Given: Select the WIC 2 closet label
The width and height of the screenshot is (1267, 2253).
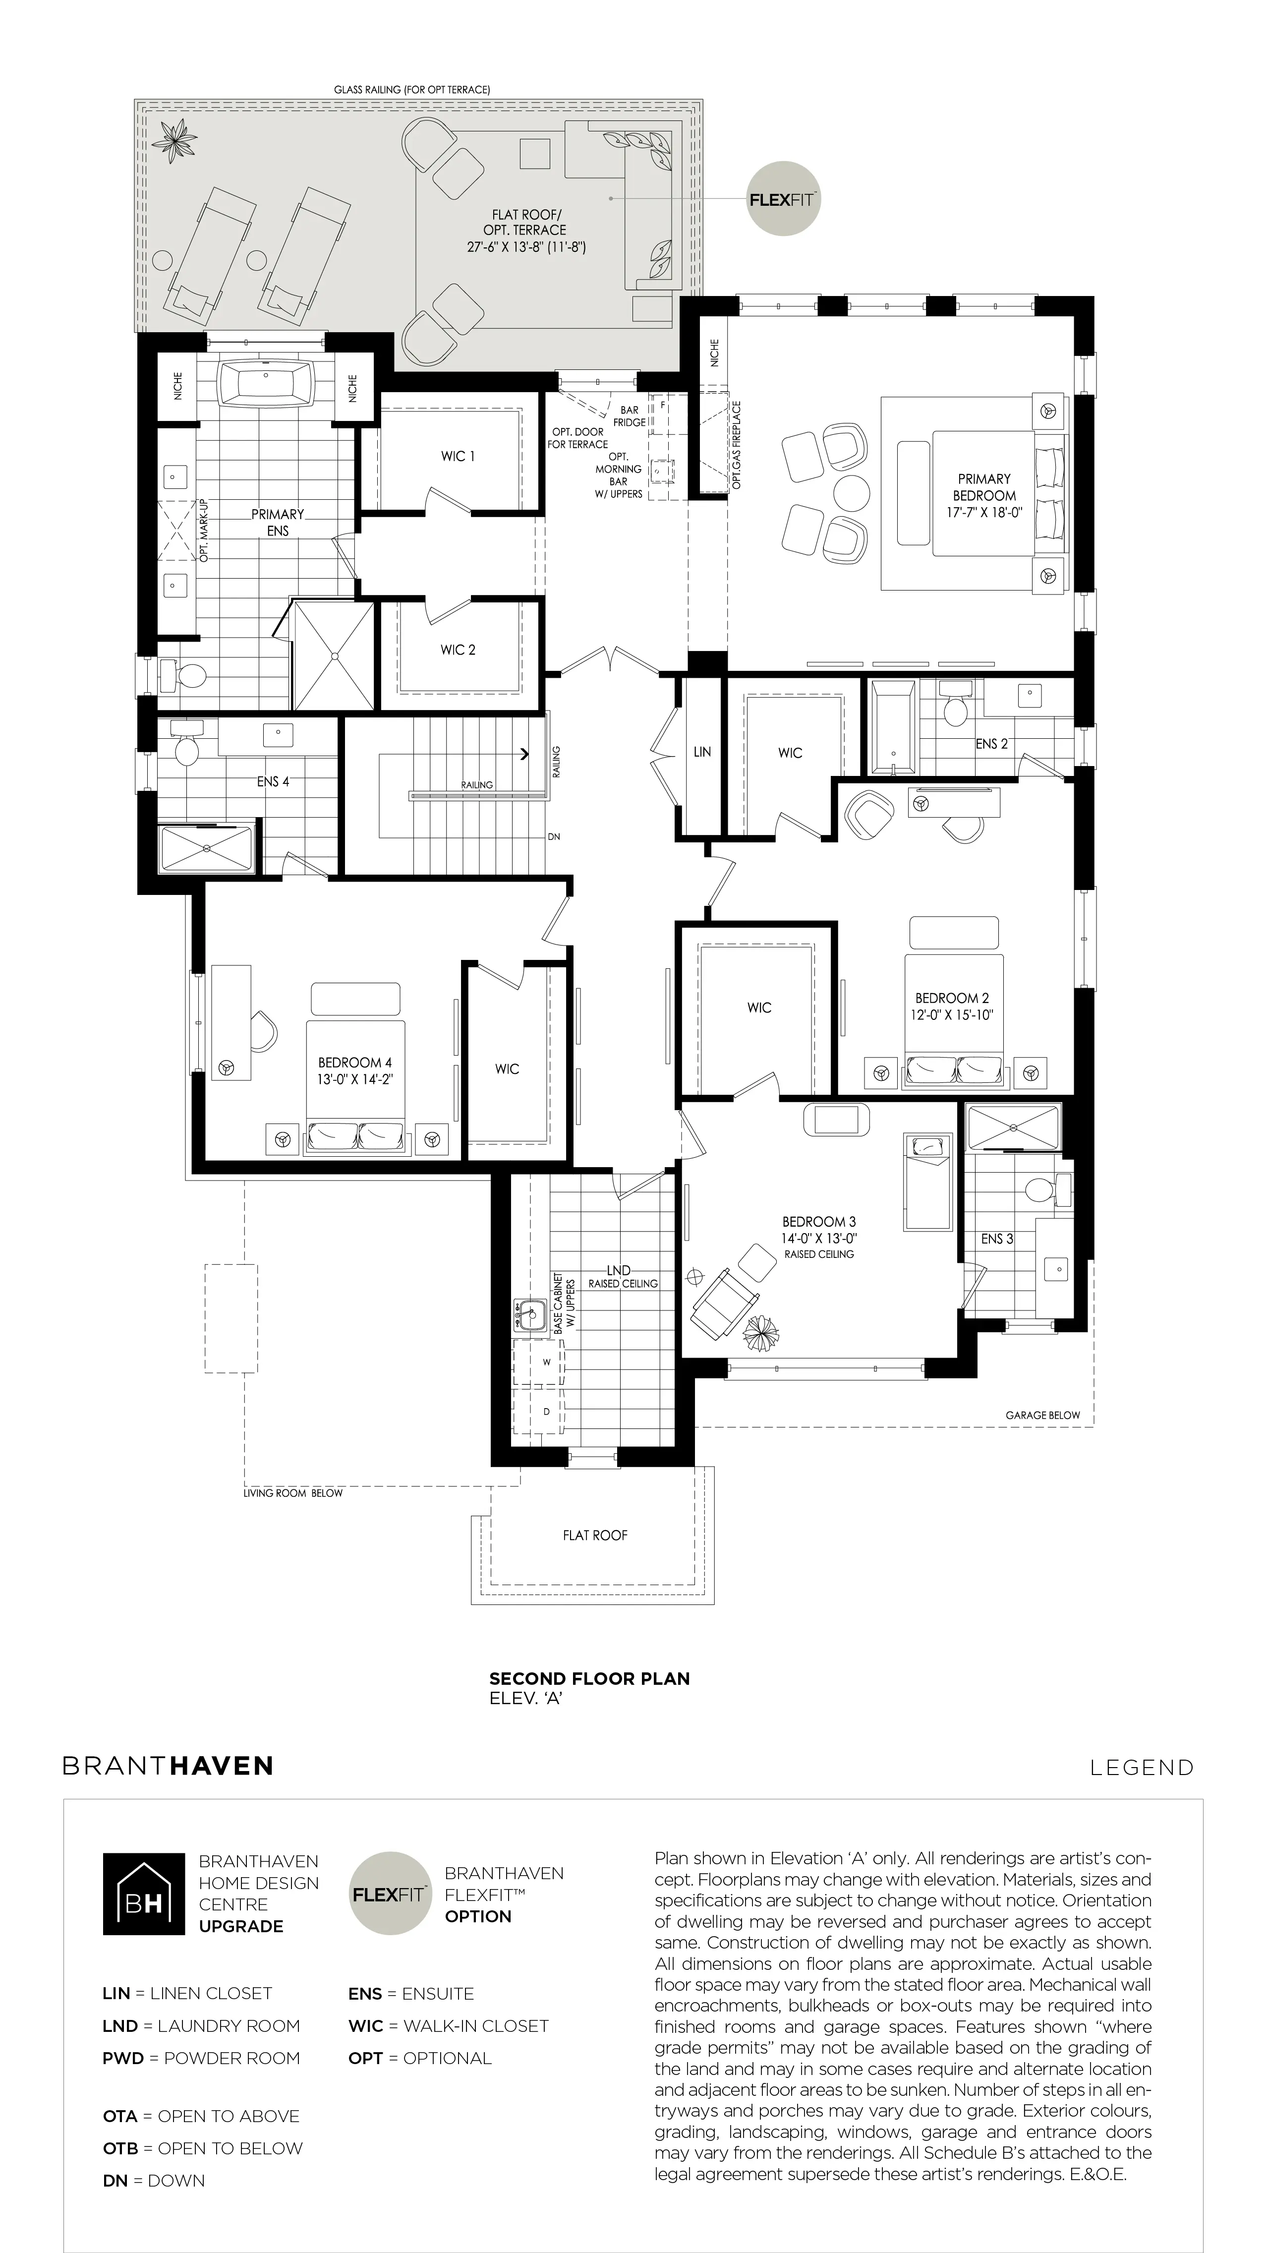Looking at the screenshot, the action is pos(458,650).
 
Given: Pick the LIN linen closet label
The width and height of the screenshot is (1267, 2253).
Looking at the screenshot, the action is pos(702,751).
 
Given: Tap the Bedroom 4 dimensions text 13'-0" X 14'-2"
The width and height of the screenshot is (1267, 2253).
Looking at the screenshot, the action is pos(355,1079).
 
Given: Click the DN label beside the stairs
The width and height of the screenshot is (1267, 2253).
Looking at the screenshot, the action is pos(554,837).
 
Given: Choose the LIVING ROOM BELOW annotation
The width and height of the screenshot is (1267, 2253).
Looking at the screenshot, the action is pos(293,1493).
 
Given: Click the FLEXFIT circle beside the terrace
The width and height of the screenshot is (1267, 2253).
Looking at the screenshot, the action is pos(783,198).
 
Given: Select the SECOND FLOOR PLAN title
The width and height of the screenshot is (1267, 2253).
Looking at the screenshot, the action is pos(589,1678).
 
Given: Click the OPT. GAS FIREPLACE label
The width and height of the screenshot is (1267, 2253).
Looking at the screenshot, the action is pos(737,444).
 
